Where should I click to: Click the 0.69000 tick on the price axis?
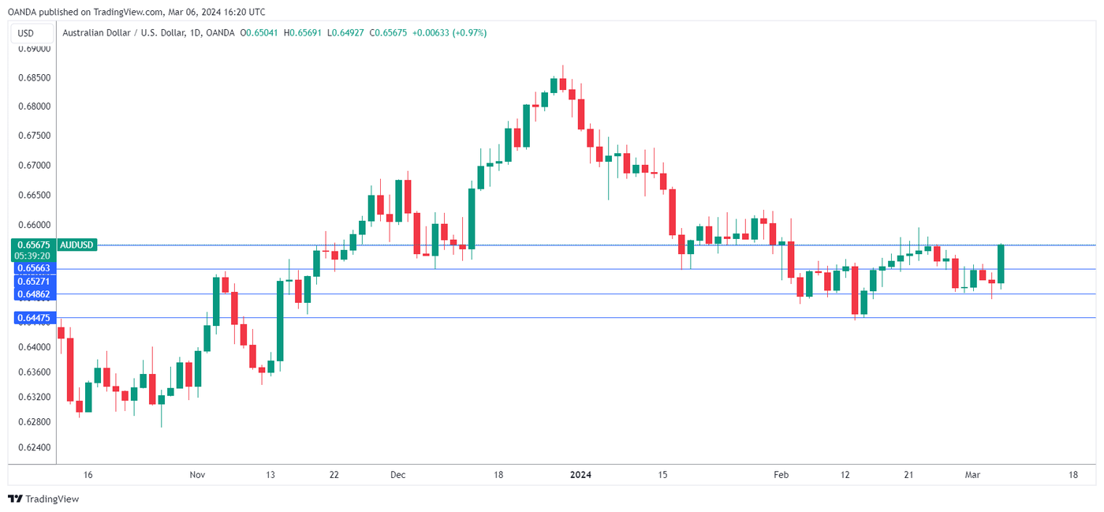[34, 48]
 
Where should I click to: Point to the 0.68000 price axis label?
[34, 107]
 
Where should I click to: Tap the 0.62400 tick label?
[34, 447]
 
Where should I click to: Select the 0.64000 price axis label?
[34, 347]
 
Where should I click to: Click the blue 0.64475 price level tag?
[34, 318]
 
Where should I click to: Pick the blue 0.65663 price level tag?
[34, 268]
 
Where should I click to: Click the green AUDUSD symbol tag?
[76, 245]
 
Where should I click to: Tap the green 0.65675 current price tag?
[34, 245]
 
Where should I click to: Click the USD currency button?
[26, 33]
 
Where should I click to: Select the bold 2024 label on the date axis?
[580, 475]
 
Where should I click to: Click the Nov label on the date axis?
[197, 475]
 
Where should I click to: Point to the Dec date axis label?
[397, 475]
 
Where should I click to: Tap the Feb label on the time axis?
[781, 475]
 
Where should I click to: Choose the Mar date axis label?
[972, 475]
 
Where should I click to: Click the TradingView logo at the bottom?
[44, 499]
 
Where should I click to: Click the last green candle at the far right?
[1001, 263]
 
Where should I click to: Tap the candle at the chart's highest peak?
[563, 84]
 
